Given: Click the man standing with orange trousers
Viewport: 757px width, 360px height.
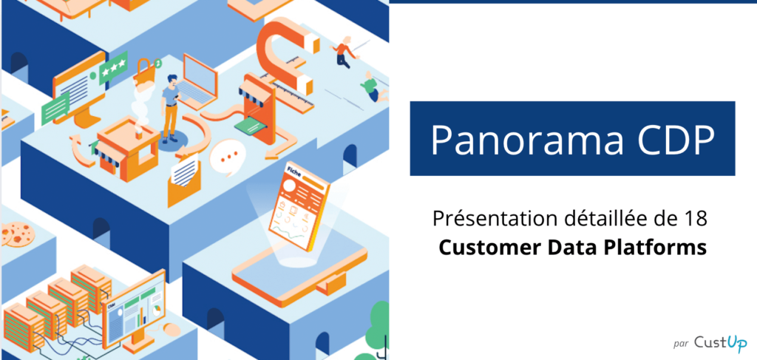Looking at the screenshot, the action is tap(169, 109).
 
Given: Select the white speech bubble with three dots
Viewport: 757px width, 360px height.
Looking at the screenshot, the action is tap(228, 157).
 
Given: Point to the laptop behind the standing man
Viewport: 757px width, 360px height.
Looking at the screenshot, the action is tap(197, 82).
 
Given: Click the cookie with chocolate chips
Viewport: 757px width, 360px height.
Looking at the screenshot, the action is tap(18, 234).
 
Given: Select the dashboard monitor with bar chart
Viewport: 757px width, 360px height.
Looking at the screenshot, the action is tap(134, 310).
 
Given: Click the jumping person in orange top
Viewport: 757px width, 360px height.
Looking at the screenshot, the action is tap(344, 51).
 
